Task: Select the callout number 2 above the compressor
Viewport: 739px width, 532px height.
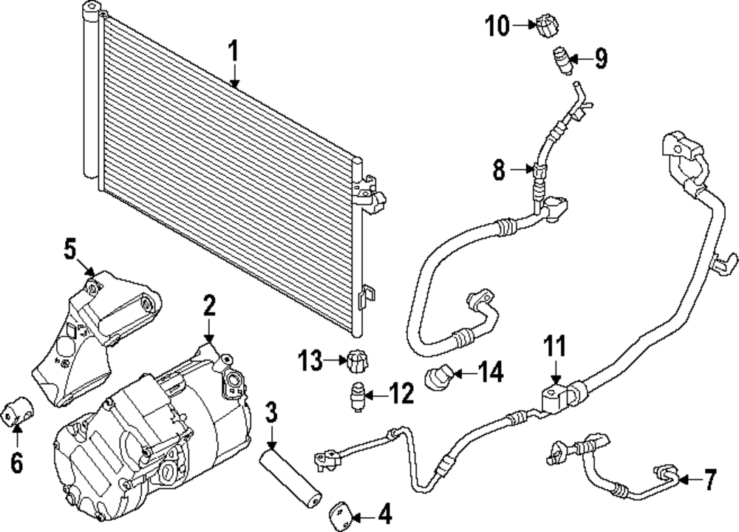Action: click(x=209, y=306)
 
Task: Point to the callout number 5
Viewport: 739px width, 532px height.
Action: click(x=69, y=249)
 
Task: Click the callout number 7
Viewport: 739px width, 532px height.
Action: click(x=709, y=480)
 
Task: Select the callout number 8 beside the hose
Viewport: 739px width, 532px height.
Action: click(x=499, y=169)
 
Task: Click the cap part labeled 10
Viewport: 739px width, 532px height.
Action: click(x=547, y=26)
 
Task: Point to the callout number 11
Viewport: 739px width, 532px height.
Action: click(x=555, y=346)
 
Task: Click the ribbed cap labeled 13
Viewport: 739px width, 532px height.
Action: click(x=357, y=361)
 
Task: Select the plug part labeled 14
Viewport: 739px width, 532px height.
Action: click(x=439, y=378)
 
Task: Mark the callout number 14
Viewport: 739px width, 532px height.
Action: click(x=491, y=372)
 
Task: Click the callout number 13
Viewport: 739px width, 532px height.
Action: click(x=310, y=361)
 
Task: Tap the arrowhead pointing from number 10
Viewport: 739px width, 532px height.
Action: click(x=534, y=25)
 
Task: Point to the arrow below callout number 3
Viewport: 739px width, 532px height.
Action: click(x=271, y=437)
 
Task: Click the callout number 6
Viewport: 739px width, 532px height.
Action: click(x=17, y=463)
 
